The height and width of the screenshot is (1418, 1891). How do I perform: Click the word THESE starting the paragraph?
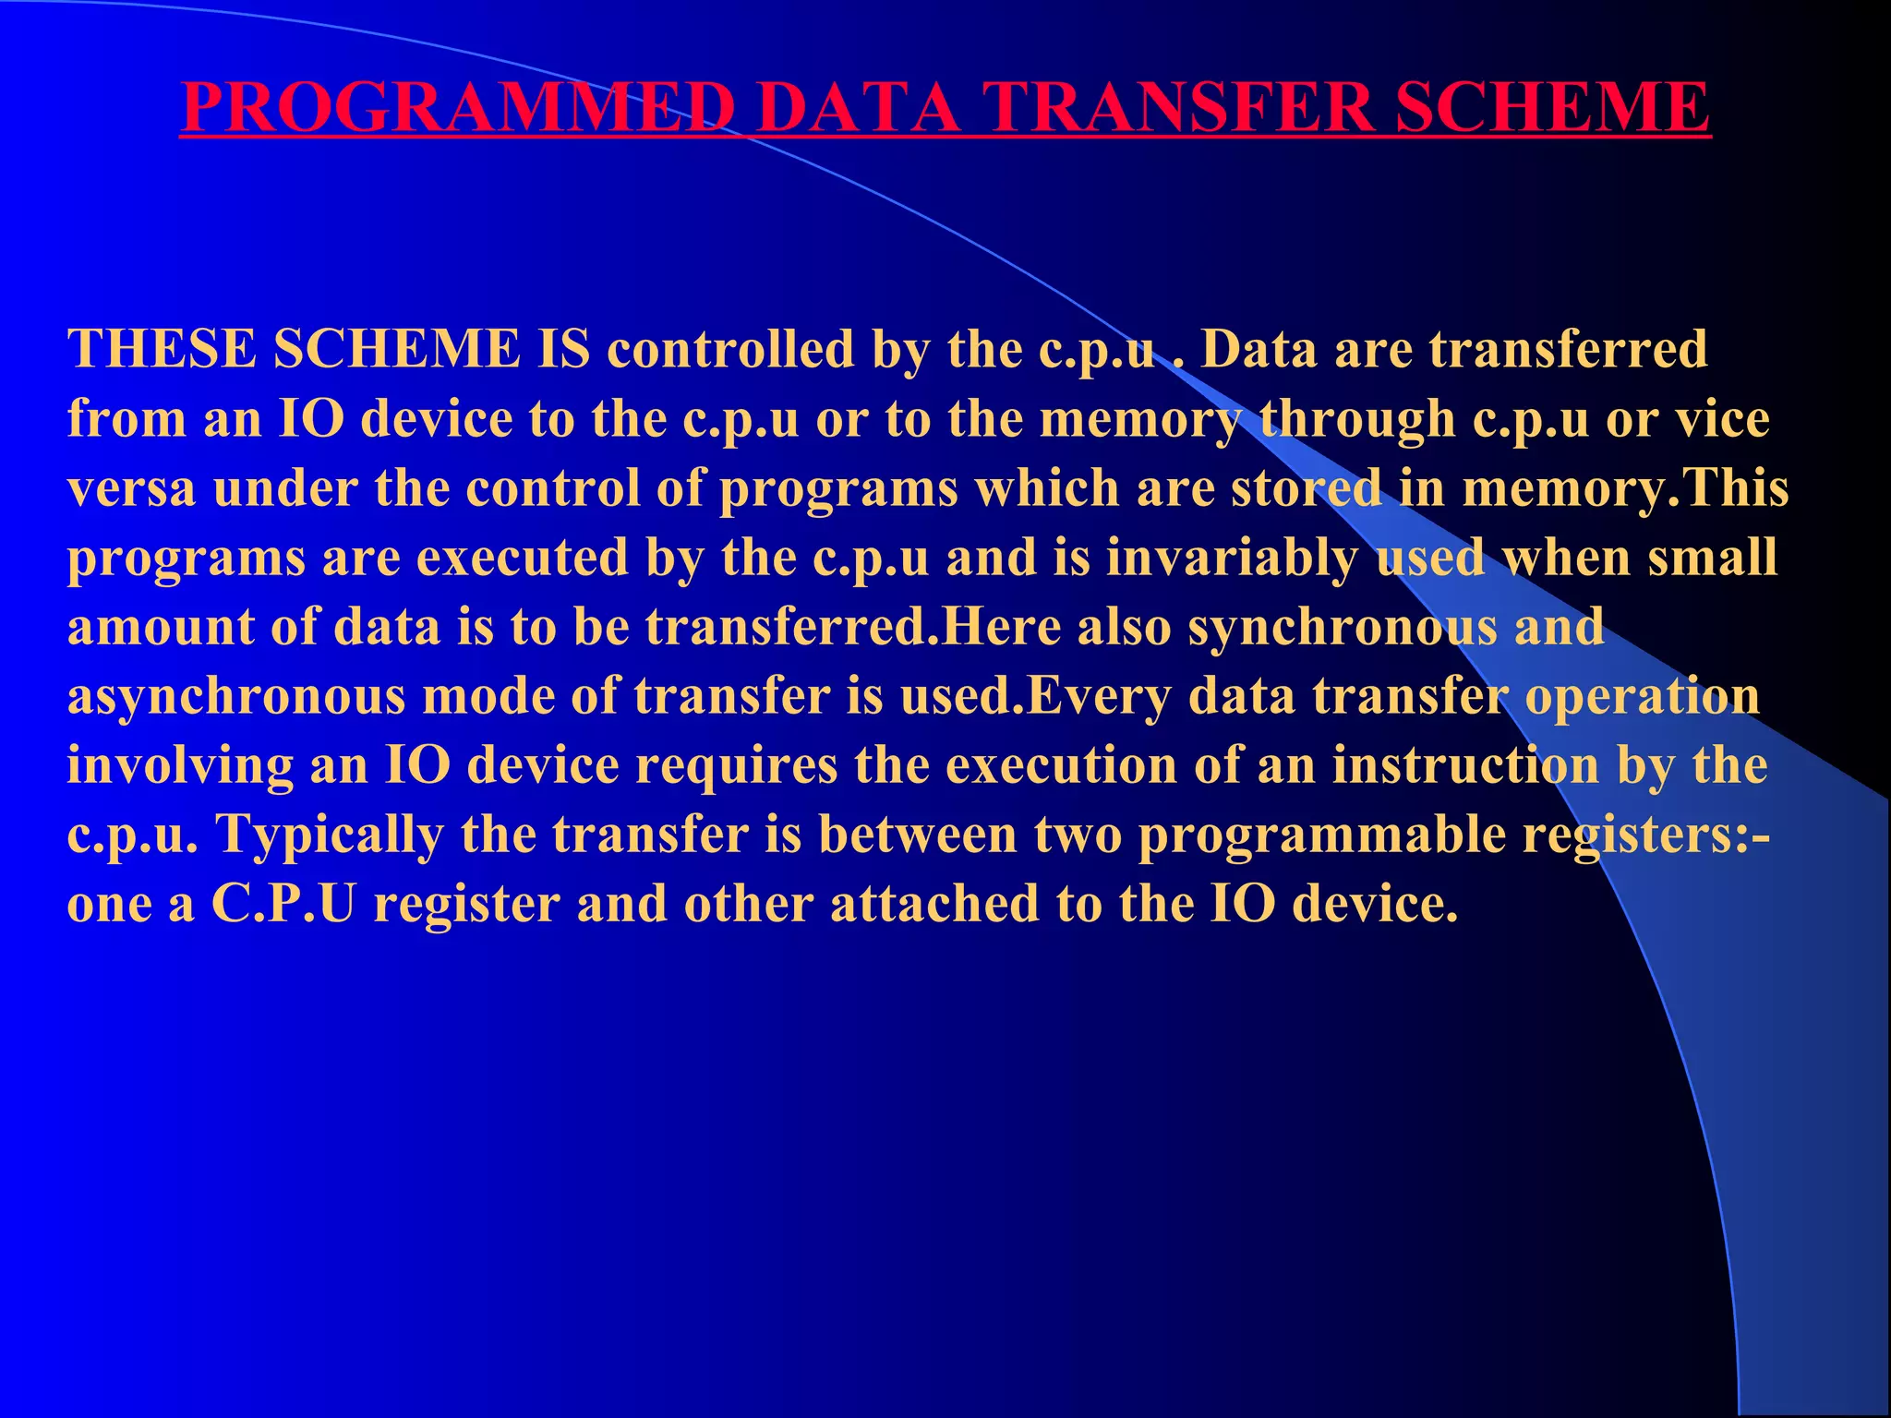tap(162, 349)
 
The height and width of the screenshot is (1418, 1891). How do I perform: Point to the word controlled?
tap(730, 349)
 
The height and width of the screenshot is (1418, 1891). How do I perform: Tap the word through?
tap(1356, 418)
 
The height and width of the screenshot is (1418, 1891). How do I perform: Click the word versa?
tap(131, 487)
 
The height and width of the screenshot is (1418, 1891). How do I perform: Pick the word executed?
tap(522, 558)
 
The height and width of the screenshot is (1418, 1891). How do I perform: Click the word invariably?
tap(1232, 558)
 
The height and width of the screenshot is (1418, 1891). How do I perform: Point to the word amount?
tap(161, 627)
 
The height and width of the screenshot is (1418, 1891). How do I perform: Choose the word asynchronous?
tap(236, 696)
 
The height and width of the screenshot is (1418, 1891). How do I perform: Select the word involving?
tap(180, 765)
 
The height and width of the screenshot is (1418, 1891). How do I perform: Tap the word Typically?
tap(330, 835)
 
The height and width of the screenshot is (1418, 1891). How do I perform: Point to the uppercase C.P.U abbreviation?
tap(283, 904)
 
